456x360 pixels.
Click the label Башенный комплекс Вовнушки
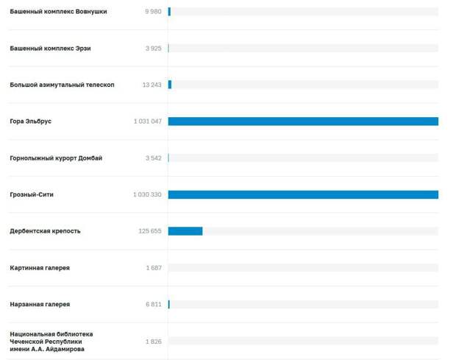click(58, 12)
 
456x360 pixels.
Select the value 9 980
click(153, 12)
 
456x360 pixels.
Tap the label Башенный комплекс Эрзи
click(50, 49)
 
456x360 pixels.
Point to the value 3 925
click(153, 49)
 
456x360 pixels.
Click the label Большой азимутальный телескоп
click(62, 85)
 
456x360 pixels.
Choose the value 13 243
click(152, 85)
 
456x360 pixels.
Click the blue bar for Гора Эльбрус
click(303, 121)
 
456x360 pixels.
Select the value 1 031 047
click(147, 121)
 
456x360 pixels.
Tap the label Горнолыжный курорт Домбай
click(56, 158)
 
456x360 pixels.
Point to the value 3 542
click(153, 158)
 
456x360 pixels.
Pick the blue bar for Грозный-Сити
click(303, 194)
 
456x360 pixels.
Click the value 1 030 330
click(147, 194)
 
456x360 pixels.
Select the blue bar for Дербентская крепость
click(185, 231)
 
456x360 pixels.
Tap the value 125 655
click(150, 231)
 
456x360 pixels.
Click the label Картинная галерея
click(40, 268)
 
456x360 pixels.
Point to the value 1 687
click(154, 268)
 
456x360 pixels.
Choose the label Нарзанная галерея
click(40, 304)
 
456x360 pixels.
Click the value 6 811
click(154, 304)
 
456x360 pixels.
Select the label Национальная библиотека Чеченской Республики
click(51, 341)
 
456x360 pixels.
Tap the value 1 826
click(154, 341)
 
